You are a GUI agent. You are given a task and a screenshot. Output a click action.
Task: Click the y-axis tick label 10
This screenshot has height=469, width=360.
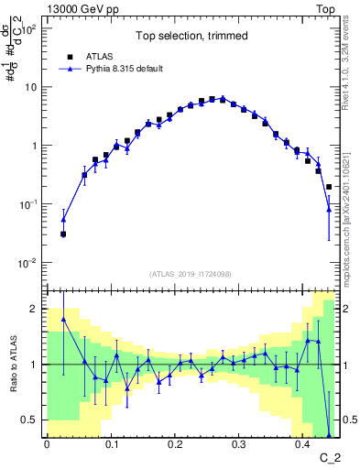pyautogui.click(x=32, y=88)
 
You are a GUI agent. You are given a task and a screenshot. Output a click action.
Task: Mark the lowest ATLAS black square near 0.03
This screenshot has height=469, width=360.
pyautogui.click(x=63, y=234)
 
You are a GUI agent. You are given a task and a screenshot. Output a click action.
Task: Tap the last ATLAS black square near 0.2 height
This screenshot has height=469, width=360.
pyautogui.click(x=329, y=187)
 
